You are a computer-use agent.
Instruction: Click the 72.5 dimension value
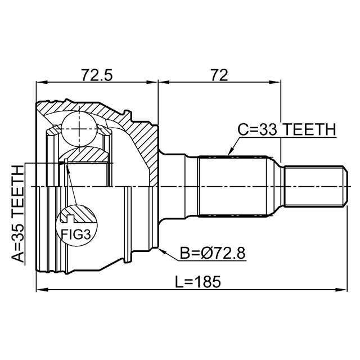[x=97, y=74]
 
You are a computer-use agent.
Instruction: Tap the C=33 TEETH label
[x=286, y=129]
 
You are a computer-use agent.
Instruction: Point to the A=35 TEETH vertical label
[x=19, y=214]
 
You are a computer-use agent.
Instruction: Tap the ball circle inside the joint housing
[x=79, y=128]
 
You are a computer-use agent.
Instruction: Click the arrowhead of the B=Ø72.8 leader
[x=162, y=249]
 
